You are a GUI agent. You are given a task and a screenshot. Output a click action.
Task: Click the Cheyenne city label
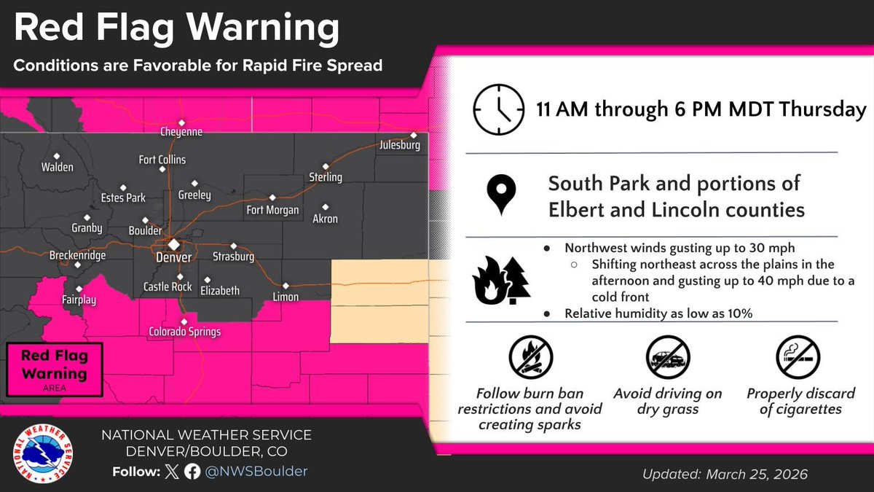(181, 133)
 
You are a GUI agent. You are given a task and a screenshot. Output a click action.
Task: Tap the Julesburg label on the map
(400, 146)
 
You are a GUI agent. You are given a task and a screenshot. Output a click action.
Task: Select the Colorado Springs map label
(184, 332)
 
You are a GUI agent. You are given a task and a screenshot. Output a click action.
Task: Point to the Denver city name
(174, 257)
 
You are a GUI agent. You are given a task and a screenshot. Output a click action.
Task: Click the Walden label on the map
(58, 167)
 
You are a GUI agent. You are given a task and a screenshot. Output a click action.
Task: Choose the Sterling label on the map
(325, 177)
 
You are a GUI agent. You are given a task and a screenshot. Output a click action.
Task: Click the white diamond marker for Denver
(174, 244)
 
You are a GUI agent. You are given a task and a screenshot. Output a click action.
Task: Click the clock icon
(498, 110)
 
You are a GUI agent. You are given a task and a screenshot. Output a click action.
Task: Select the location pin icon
(498, 195)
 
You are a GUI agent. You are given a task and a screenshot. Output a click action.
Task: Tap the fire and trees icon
(498, 279)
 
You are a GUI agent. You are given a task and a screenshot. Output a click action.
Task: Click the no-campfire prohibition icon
(529, 357)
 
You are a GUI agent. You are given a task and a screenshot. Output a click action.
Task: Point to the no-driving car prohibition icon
(667, 357)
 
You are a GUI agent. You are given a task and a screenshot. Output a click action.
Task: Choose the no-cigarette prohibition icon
(798, 357)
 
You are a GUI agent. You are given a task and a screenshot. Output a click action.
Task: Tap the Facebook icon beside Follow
(193, 472)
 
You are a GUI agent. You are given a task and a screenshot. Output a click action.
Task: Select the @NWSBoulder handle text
(256, 472)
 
